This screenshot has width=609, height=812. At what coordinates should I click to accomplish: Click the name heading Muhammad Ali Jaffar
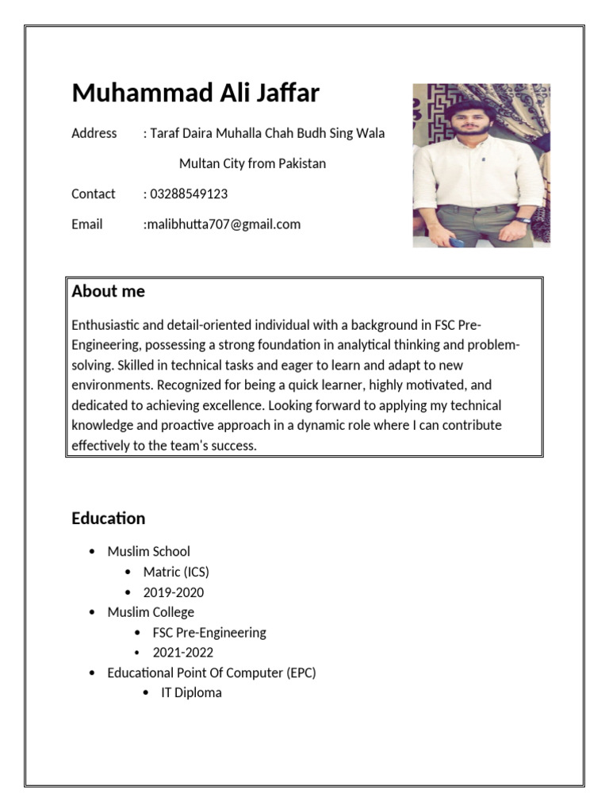pos(195,94)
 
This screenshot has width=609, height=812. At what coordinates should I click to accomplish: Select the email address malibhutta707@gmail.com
pos(223,224)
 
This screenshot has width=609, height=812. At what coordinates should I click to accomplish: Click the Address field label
pos(94,133)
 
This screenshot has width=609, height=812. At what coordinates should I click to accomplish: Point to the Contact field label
pos(93,194)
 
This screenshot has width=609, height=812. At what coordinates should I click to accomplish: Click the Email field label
pos(86,224)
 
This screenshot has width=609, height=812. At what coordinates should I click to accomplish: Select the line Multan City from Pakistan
pos(252,164)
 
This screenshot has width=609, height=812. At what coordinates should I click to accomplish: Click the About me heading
pos(108,291)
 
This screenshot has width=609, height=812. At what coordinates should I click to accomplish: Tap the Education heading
pos(108,519)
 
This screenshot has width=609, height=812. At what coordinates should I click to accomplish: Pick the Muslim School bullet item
pos(148,551)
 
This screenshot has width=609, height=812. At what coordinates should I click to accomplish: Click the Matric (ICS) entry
pos(176,572)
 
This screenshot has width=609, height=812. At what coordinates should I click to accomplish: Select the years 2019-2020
pos(173,592)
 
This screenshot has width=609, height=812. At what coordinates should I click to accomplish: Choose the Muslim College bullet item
pos(151,612)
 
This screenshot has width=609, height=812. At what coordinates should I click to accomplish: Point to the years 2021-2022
pos(182,653)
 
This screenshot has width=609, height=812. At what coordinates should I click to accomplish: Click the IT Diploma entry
pos(191,693)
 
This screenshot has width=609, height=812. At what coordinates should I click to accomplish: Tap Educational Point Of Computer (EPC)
pos(211,672)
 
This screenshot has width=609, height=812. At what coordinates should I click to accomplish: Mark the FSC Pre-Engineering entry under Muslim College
pos(209,633)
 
